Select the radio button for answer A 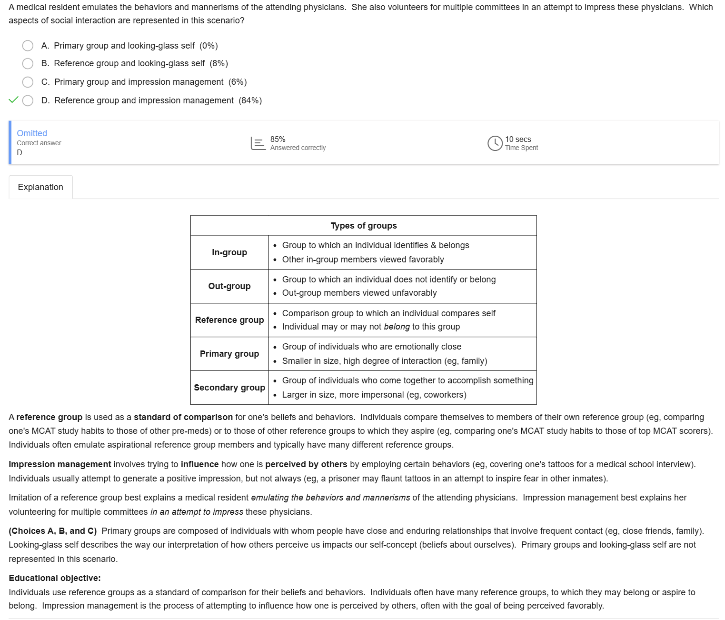[28, 46]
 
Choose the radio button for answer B [28, 64]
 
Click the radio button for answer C [28, 82]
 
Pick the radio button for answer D [28, 100]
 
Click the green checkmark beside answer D [14, 100]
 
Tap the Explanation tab [40, 187]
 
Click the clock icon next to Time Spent [495, 143]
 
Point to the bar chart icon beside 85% [258, 143]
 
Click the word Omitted [32, 133]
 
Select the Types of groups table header [364, 226]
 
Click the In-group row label [229, 252]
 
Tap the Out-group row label [229, 286]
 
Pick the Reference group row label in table [229, 320]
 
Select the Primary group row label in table [229, 354]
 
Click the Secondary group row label [229, 388]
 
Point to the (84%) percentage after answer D [250, 100]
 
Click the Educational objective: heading [55, 578]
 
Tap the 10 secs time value [518, 139]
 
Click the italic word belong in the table [397, 327]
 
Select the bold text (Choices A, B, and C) [53, 531]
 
